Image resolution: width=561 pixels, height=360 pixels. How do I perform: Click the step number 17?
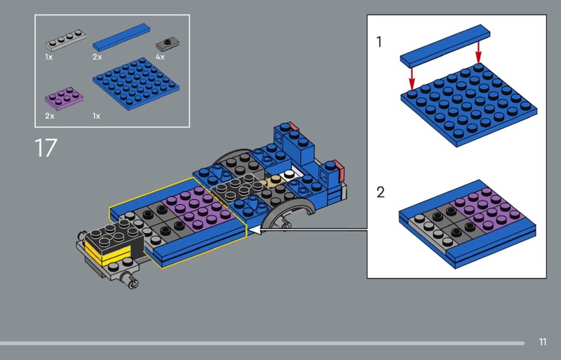[x=46, y=147]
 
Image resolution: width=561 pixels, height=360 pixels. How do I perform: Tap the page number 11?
[x=542, y=342]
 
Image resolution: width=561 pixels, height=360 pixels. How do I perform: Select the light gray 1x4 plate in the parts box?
[x=65, y=40]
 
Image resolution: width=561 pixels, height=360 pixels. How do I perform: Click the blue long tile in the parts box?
[x=121, y=37]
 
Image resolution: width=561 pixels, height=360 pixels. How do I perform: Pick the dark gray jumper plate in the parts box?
[x=168, y=44]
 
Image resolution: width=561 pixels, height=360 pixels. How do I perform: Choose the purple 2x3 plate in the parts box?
[x=64, y=97]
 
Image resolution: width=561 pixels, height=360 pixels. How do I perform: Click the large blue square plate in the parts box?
[x=136, y=84]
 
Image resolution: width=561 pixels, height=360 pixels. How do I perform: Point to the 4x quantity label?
[x=160, y=57]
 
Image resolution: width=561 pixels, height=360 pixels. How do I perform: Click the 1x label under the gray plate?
[x=48, y=57]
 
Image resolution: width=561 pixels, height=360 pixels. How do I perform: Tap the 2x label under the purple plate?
[x=50, y=116]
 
